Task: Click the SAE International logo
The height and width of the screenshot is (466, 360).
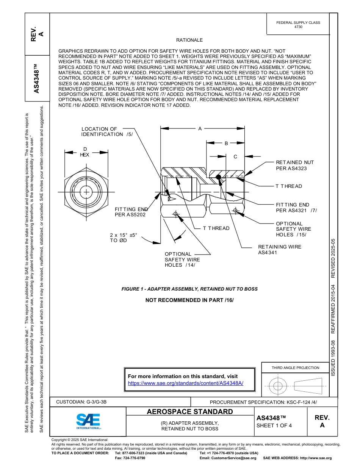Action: coord(88,421)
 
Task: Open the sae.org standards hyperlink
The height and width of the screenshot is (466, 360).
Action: coord(186,383)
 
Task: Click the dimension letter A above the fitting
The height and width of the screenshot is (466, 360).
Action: coord(200,129)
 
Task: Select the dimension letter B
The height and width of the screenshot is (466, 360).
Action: coord(226,143)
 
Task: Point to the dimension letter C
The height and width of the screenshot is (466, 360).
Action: coord(235,156)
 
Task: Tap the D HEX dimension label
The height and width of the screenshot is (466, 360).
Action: coord(85,152)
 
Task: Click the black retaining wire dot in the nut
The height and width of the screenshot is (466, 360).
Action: coord(218,177)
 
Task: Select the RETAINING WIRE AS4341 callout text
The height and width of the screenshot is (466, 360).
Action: coord(280,249)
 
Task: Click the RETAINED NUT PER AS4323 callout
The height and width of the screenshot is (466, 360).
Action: coord(294,165)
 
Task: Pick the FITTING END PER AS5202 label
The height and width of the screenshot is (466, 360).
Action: coord(131,212)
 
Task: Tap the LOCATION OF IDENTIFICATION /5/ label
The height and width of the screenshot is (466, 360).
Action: coord(107,132)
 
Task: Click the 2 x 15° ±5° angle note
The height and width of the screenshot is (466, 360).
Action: coord(123,238)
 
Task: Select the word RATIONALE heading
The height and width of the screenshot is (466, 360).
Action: coord(189,40)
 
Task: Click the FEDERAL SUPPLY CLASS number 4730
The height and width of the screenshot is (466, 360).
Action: coord(298,27)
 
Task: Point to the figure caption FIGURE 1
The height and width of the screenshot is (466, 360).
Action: coord(189,289)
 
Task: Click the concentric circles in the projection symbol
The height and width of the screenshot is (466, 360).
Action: coord(278,386)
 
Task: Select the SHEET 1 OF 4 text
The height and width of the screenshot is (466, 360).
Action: coord(274,425)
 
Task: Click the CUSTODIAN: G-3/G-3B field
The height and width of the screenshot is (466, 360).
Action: coord(84,402)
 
